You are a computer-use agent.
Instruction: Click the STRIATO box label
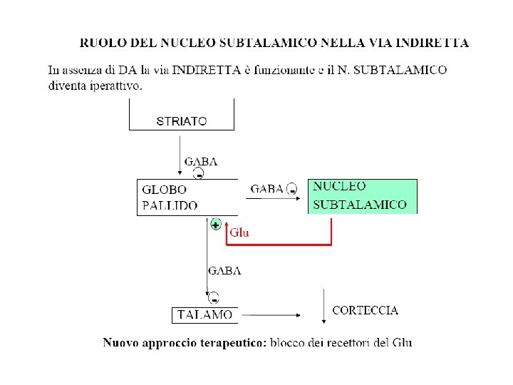[182, 121]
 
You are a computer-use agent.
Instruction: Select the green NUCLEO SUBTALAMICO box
[362, 196]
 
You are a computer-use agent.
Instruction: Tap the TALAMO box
[204, 314]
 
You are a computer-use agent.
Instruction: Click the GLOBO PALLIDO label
[169, 197]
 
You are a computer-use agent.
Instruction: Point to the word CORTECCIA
[366, 311]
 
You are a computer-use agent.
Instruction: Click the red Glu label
[239, 232]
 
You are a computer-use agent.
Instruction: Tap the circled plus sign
[216, 225]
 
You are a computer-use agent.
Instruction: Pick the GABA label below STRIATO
[201, 162]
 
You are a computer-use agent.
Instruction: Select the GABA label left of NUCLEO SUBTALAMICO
[267, 189]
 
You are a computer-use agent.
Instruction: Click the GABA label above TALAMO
[224, 271]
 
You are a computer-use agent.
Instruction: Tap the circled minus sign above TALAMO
[214, 297]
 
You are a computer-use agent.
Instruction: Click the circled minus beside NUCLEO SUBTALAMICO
[292, 190]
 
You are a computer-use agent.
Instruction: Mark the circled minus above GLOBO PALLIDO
[200, 174]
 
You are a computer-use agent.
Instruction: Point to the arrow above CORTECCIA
[324, 302]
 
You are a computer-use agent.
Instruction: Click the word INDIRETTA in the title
[437, 43]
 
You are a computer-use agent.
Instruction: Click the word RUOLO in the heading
[99, 43]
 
